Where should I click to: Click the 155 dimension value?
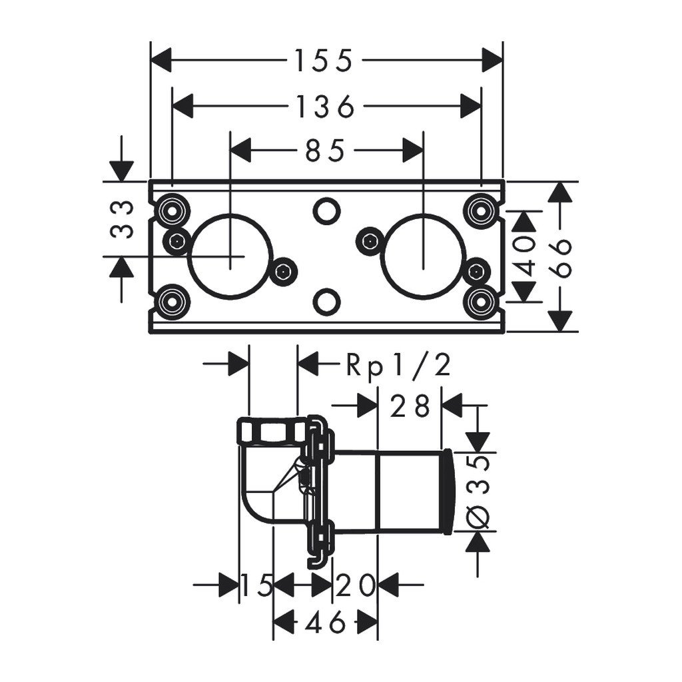[x=323, y=61]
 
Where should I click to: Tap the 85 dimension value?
[x=326, y=151]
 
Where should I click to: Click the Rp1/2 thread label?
[x=398, y=366]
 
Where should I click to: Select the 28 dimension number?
[x=410, y=406]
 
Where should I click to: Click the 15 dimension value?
[x=256, y=585]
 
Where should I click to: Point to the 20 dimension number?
[x=355, y=585]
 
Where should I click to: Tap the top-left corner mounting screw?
[x=171, y=210]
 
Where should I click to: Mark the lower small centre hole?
[x=326, y=300]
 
